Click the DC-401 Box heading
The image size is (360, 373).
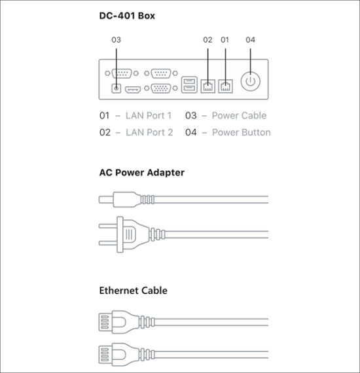127,16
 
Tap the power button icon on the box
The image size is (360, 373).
250,81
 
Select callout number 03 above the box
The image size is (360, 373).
116,40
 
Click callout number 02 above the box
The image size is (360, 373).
207,40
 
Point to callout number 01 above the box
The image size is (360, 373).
225,40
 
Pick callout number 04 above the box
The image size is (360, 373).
250,40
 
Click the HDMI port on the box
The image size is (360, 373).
133,90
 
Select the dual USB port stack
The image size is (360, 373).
189,84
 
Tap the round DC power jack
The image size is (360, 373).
116,88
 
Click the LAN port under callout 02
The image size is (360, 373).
208,86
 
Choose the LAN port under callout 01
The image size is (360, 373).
226,86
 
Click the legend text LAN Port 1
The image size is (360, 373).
149,116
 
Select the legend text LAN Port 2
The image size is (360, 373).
149,132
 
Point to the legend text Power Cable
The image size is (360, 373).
239,116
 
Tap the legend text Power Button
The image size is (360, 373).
242,132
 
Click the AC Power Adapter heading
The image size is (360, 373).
142,173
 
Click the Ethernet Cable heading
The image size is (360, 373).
134,291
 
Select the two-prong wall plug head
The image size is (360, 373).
124,234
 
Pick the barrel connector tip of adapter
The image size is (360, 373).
106,200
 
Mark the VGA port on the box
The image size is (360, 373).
161,88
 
